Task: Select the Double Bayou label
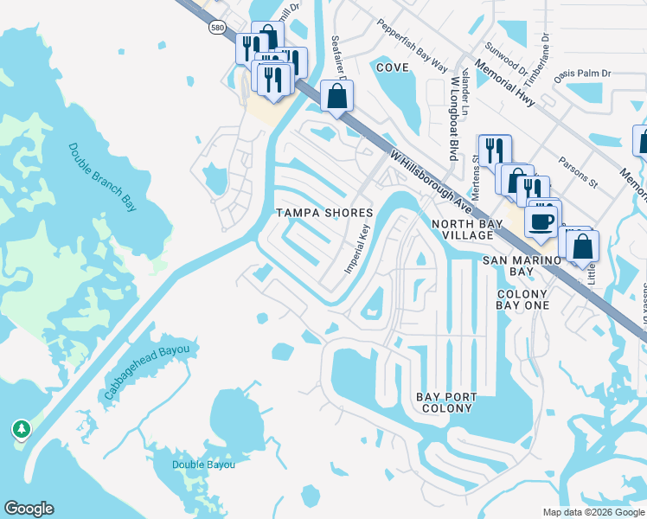pos(203,465)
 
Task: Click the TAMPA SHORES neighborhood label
pos(324,213)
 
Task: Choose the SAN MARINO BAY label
pos(521,266)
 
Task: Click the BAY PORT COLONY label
pos(446,402)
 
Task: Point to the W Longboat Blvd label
pos(452,118)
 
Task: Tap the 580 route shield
pos(216,28)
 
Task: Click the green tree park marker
pos(22,429)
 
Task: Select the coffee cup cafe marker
pos(541,221)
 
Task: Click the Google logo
pos(29,509)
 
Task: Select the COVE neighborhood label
pos(392,67)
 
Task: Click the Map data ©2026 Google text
pos(593,512)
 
